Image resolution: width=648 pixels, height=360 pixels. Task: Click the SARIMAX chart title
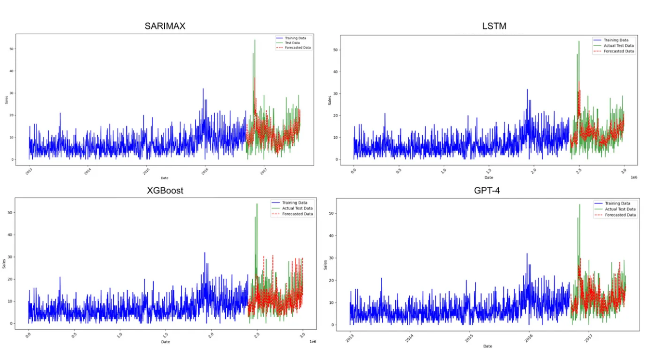coord(165,26)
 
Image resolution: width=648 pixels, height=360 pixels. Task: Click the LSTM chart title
coord(494,26)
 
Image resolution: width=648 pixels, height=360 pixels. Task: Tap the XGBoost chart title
coord(165,190)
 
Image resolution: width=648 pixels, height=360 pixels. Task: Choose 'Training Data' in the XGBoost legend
coord(295,203)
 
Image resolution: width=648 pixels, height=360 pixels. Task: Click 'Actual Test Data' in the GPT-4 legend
coord(620,209)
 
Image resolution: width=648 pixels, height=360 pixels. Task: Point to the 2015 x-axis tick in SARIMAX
coord(146,171)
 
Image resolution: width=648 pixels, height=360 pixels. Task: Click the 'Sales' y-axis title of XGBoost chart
coord(4,264)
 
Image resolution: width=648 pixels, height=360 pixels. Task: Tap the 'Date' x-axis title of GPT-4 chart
coord(488,346)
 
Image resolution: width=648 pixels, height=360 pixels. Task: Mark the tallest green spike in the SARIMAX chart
coord(255,40)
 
